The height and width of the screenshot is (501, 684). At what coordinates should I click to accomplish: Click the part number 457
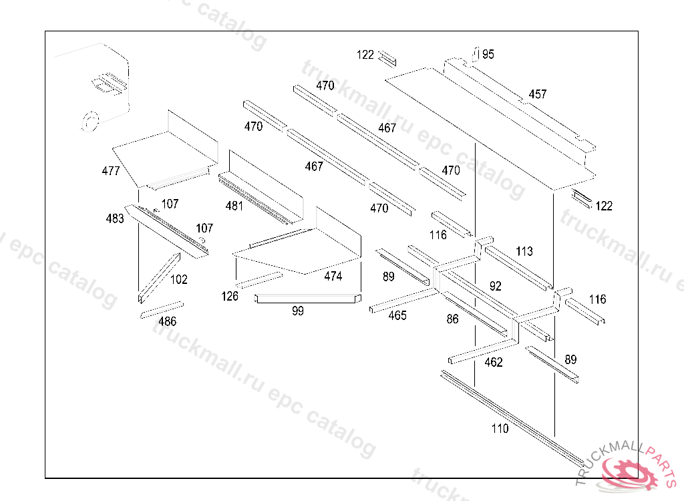pos(538,94)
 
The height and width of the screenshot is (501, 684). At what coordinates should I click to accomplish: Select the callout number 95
pos(488,54)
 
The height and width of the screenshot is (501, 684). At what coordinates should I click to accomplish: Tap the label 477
pos(111,171)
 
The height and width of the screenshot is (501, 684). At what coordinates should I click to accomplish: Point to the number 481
pos(234,206)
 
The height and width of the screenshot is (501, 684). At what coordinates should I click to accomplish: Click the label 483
pos(115,218)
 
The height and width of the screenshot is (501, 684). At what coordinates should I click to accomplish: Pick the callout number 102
pos(179,280)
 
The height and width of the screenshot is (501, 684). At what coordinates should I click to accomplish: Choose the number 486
pos(167,321)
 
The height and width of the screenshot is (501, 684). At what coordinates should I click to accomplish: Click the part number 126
pos(230,296)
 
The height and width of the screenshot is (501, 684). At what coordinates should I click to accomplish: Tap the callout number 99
pos(298,311)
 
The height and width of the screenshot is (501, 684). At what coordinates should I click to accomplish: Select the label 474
pos(333,276)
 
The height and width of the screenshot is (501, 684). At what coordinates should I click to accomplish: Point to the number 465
pos(397,315)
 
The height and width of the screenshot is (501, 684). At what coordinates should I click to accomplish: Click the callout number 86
pos(453,319)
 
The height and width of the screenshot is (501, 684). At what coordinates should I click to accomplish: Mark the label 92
pos(495,286)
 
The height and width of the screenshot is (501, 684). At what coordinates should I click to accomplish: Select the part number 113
pos(524,251)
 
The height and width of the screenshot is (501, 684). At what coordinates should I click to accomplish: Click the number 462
pos(494,362)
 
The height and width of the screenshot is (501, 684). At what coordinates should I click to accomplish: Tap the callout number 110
pos(500,428)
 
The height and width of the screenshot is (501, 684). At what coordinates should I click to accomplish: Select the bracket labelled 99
pos(307,299)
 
